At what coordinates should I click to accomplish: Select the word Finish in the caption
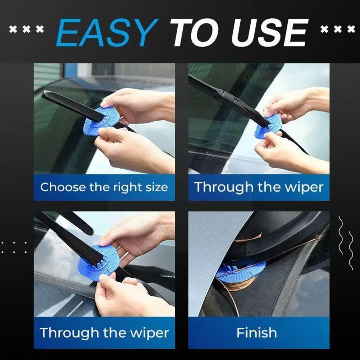[257, 333]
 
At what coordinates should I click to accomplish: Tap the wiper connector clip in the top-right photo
[228, 96]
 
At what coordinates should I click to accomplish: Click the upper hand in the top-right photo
[295, 104]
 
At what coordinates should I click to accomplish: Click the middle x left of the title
[26, 29]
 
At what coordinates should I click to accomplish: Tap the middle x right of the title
[337, 29]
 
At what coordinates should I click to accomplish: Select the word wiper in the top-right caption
[304, 187]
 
